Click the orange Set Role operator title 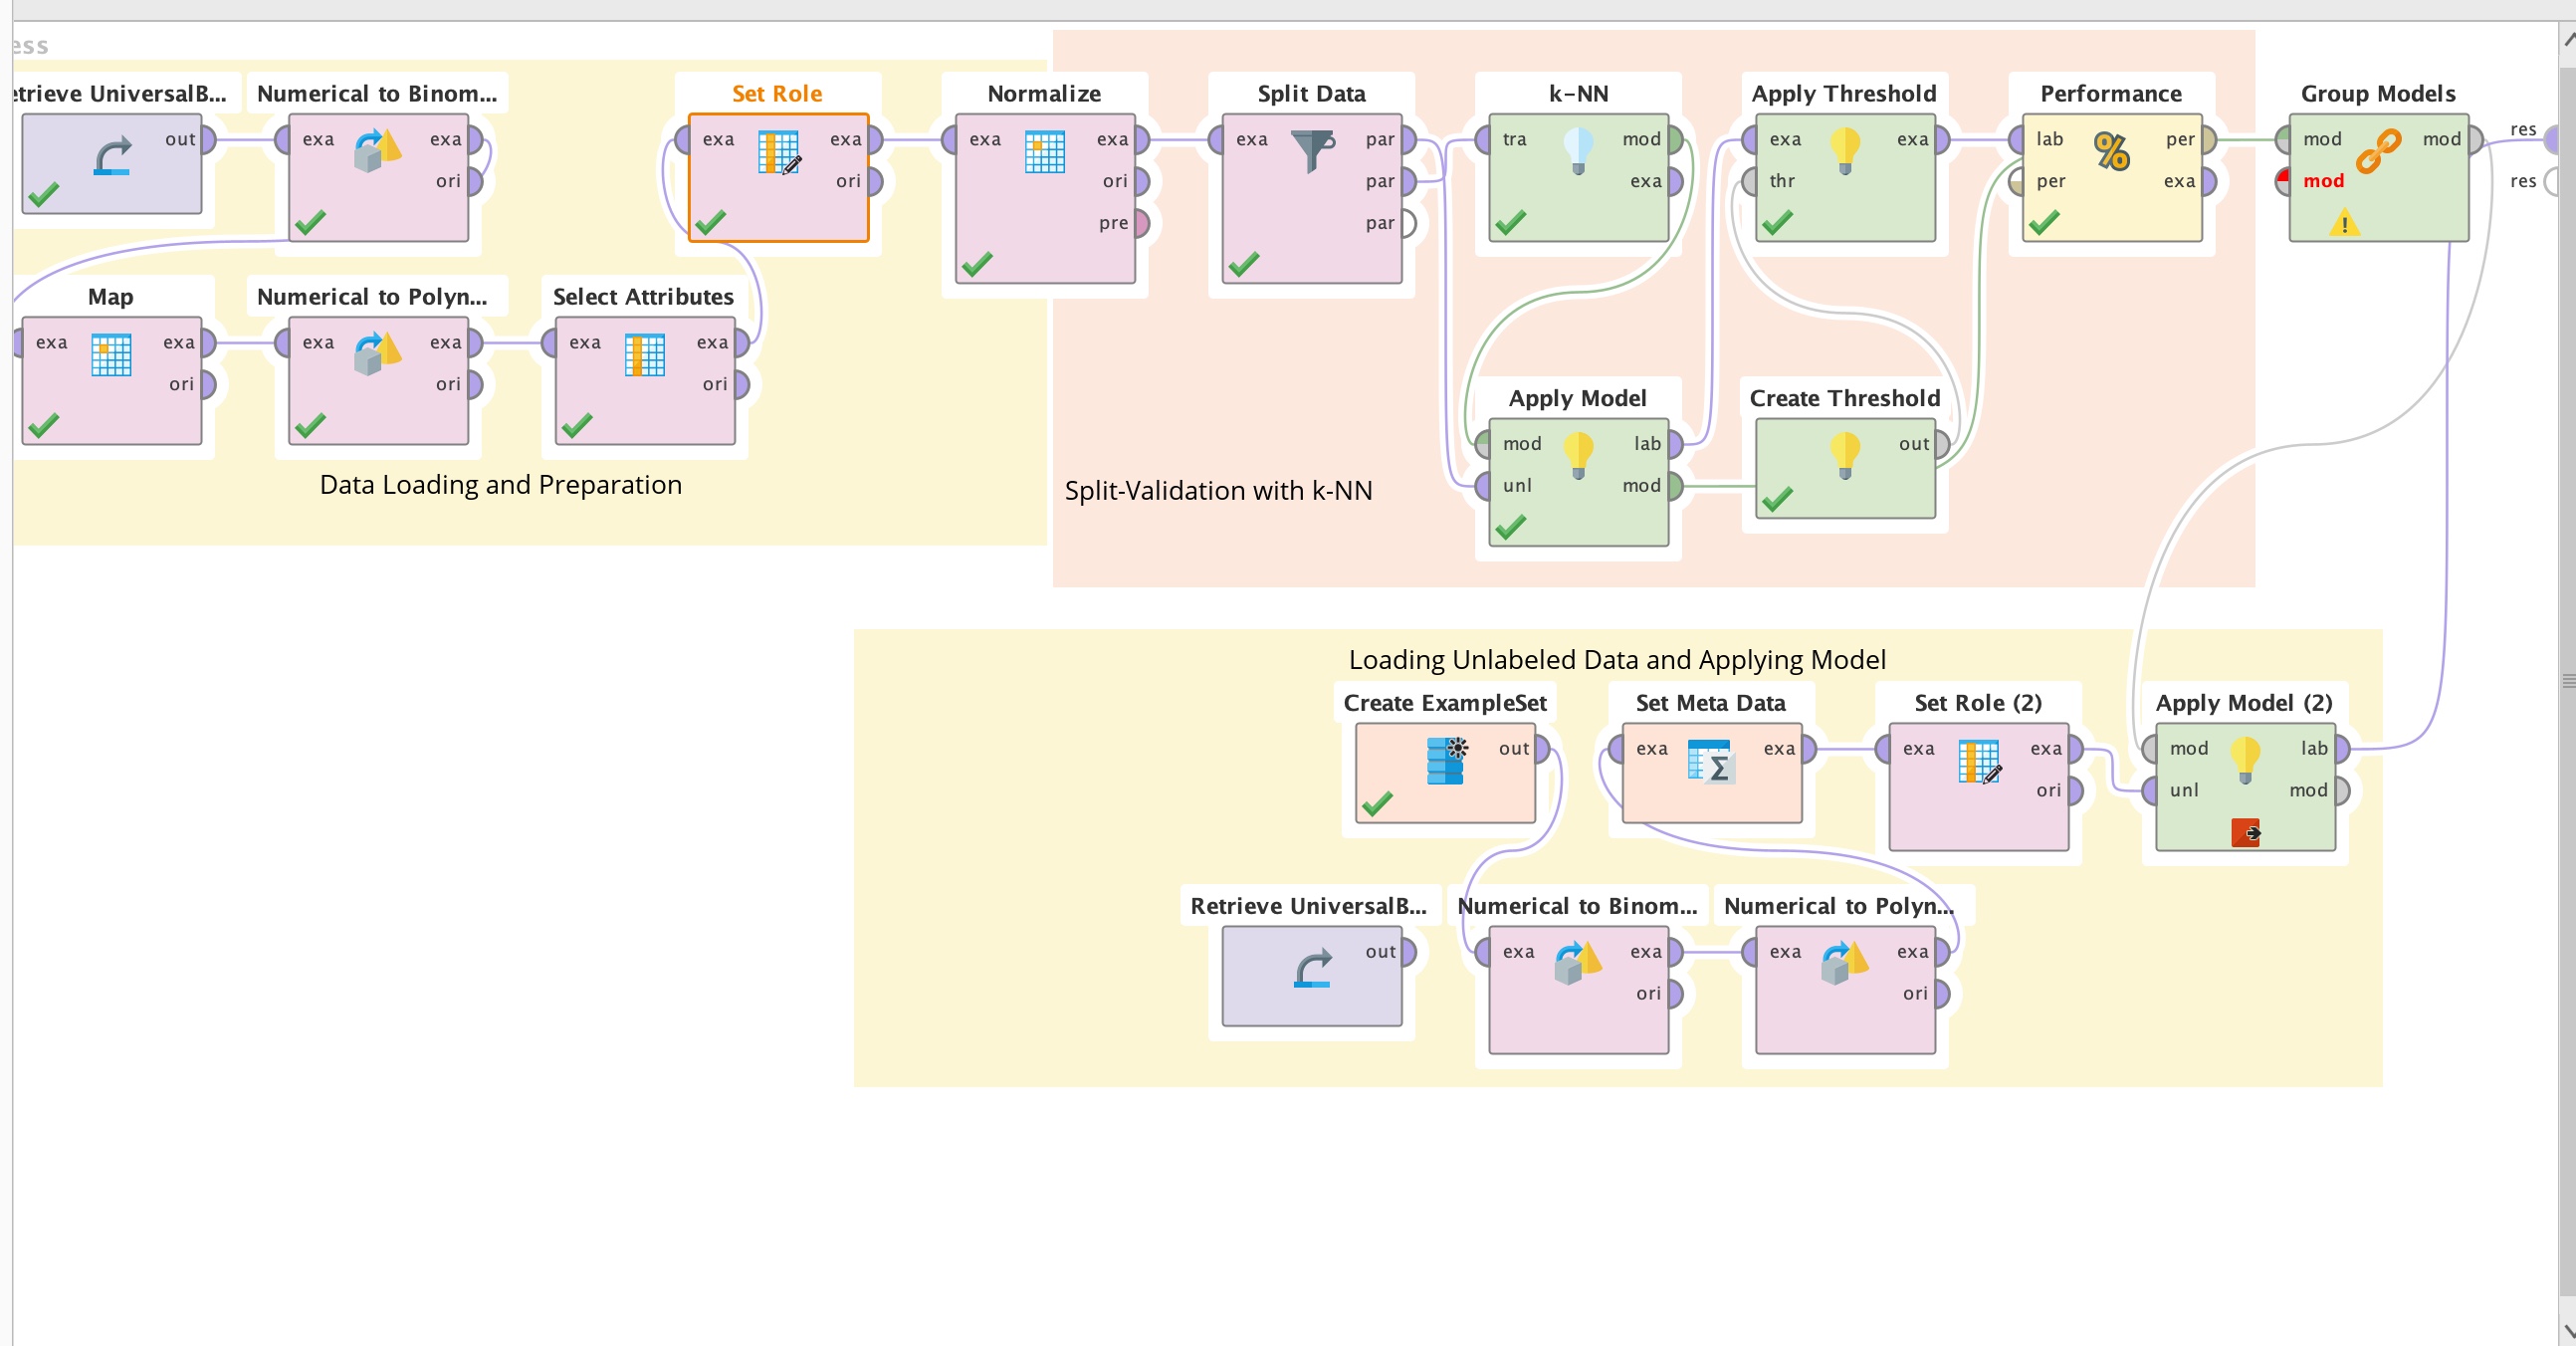pyautogui.click(x=777, y=94)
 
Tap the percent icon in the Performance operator pyautogui.click(x=2111, y=152)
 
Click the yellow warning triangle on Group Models pyautogui.click(x=2344, y=223)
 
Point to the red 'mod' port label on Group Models pyautogui.click(x=2323, y=181)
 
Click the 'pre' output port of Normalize pyautogui.click(x=1141, y=223)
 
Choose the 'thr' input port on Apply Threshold pyautogui.click(x=1750, y=181)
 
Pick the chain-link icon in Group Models pyautogui.click(x=2378, y=152)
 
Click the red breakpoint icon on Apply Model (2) pyautogui.click(x=2245, y=832)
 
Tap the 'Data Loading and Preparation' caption pyautogui.click(x=500, y=485)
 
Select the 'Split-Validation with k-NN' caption pyautogui.click(x=1218, y=491)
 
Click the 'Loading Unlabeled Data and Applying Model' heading pyautogui.click(x=1617, y=660)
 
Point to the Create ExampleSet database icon pyautogui.click(x=1445, y=760)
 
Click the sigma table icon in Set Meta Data pyautogui.click(x=1709, y=761)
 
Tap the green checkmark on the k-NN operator pyautogui.click(x=1510, y=223)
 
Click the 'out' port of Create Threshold pyautogui.click(x=1941, y=444)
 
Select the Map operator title pyautogui.click(x=110, y=297)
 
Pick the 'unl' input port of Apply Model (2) pyautogui.click(x=2150, y=791)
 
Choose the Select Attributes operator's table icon pyautogui.click(x=644, y=355)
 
